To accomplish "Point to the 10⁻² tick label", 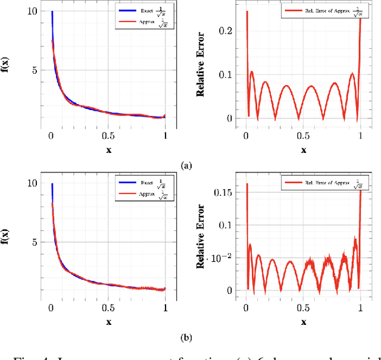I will click(224, 257).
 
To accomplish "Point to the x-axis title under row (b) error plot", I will click(304, 322).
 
